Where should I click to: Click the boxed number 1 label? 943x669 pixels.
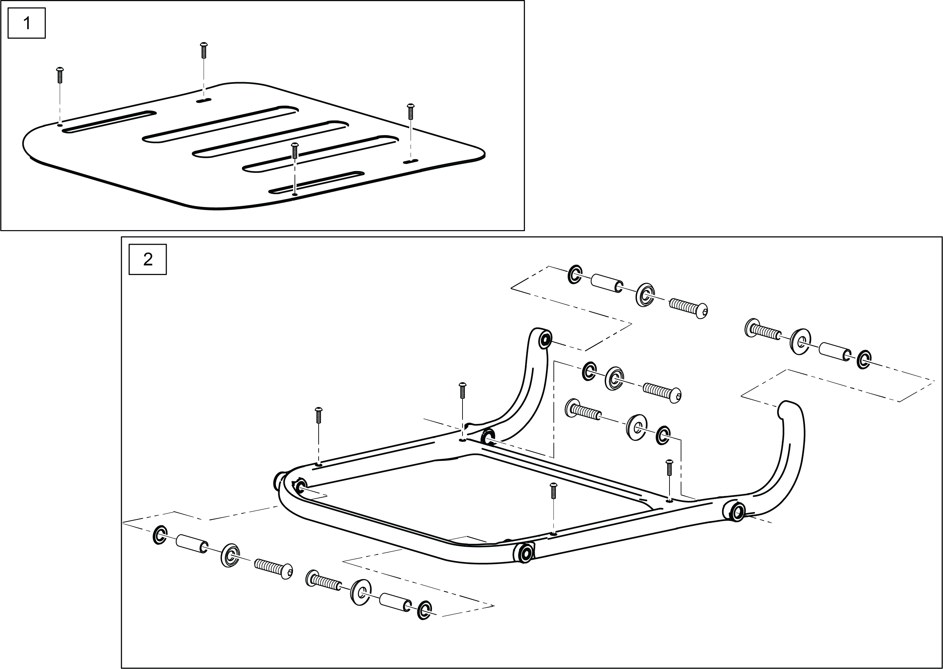[27, 23]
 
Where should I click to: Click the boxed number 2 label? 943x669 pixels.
[147, 259]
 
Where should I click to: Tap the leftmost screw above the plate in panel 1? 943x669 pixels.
[60, 75]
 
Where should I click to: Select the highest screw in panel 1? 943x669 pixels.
[203, 50]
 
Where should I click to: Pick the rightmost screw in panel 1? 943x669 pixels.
[410, 111]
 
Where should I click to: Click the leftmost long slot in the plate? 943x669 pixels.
[109, 122]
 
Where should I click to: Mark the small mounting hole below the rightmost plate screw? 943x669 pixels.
[410, 162]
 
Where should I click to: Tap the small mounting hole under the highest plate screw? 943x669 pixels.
[203, 100]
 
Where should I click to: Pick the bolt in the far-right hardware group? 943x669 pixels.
[762, 330]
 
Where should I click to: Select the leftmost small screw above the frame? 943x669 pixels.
[318, 415]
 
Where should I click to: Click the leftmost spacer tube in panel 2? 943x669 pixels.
[191, 543]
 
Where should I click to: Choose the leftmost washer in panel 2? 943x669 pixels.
[160, 535]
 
